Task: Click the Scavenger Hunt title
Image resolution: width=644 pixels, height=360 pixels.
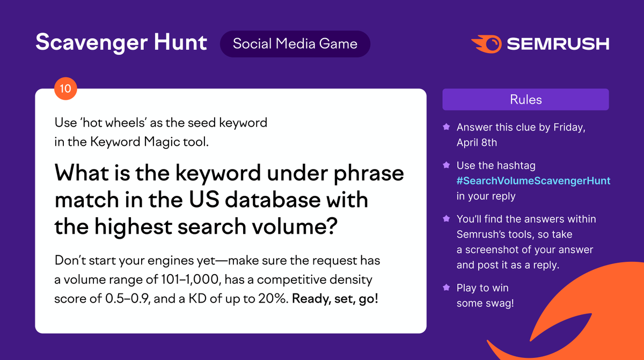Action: click(x=121, y=43)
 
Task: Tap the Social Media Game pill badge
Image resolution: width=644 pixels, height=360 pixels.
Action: click(x=295, y=43)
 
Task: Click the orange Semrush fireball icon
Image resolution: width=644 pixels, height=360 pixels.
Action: click(x=486, y=43)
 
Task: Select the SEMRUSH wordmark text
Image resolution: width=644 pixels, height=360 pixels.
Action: click(x=558, y=43)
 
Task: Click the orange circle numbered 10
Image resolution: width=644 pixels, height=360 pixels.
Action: click(x=65, y=89)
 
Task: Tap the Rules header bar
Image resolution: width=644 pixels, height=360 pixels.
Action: click(x=525, y=100)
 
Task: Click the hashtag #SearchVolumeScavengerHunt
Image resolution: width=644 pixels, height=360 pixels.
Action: click(x=533, y=181)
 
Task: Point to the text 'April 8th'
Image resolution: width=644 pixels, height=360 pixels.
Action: click(x=477, y=143)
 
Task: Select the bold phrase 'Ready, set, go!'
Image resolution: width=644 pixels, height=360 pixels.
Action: click(x=335, y=298)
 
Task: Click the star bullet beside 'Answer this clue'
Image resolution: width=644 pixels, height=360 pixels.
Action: click(x=445, y=128)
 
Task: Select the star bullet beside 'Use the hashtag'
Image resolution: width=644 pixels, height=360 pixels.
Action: click(x=445, y=166)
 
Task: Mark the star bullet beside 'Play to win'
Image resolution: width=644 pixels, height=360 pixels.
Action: click(x=445, y=288)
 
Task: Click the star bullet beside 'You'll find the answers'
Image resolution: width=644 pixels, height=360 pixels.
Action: click(x=445, y=219)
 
